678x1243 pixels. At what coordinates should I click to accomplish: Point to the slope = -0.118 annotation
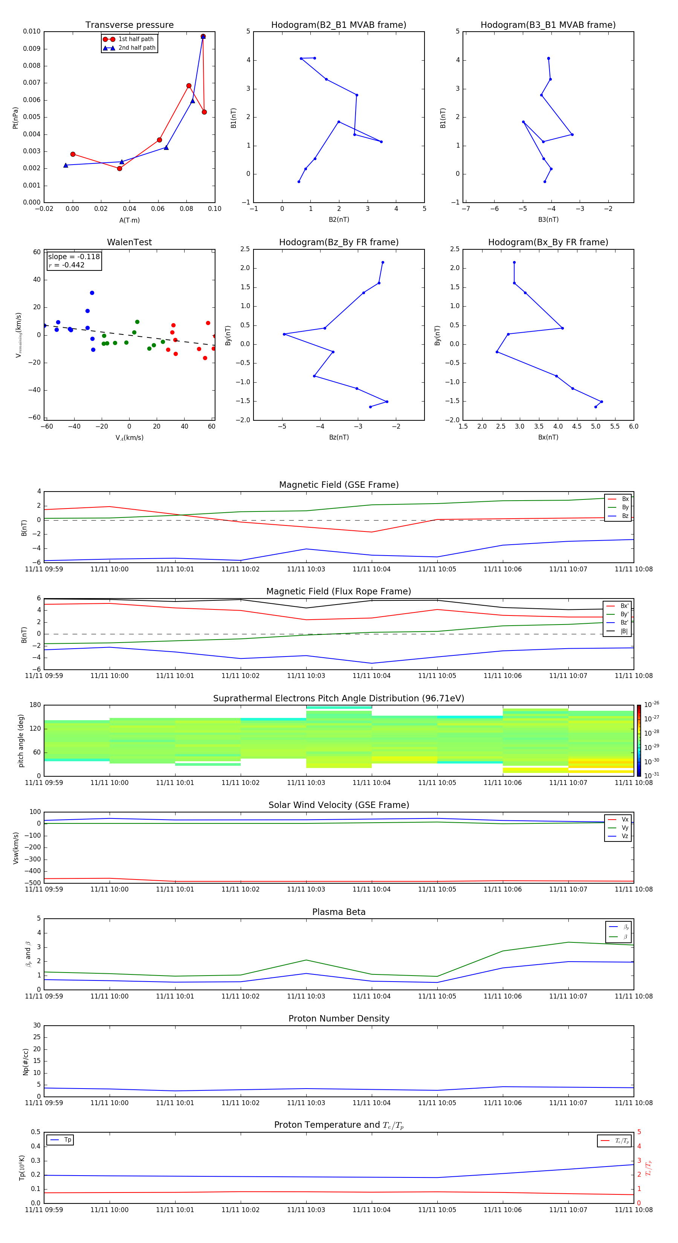coord(74,257)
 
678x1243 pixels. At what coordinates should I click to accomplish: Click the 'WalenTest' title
coord(129,242)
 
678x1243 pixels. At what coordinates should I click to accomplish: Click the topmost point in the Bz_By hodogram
coord(383,263)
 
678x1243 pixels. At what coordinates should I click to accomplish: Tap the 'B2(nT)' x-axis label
coord(339,220)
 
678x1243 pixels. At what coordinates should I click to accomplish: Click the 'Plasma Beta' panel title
coord(339,912)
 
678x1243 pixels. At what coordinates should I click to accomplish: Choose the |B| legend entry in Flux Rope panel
coord(623,631)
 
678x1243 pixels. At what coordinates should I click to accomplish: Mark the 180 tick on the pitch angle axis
coord(35,705)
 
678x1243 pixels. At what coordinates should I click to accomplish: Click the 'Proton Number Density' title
coord(339,1019)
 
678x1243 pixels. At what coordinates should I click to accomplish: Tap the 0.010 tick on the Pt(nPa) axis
coord(32,31)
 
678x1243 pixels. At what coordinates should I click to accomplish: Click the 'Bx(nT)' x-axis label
coord(548,437)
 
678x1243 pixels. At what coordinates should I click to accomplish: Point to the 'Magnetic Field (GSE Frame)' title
coord(339,485)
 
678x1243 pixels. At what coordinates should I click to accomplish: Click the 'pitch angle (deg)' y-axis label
coord(21,740)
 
